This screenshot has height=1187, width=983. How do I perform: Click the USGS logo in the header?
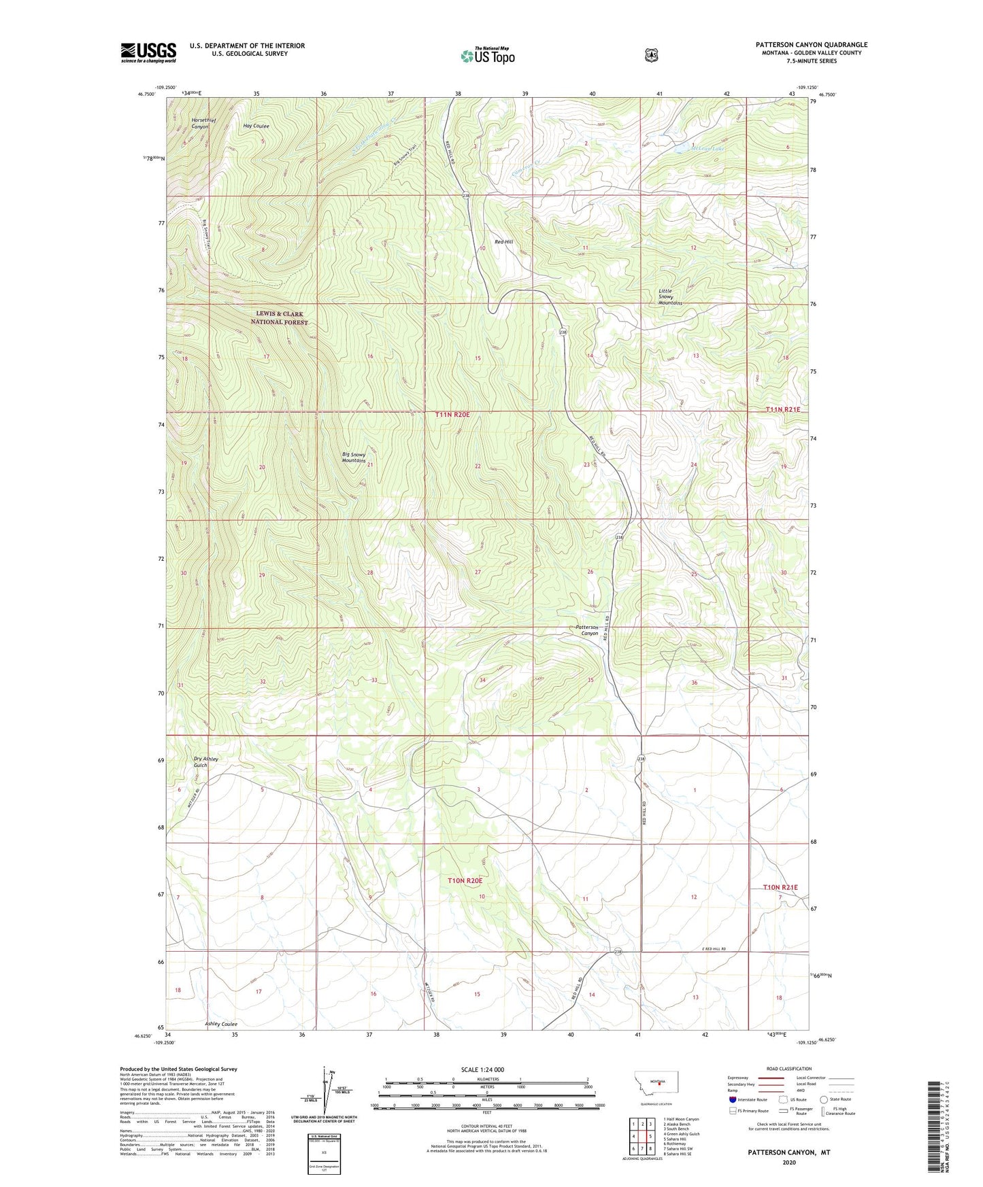point(148,52)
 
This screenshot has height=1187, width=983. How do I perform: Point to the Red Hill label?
point(504,241)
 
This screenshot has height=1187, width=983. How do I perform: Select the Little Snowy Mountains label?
point(670,296)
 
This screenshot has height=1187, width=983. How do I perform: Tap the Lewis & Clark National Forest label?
point(280,318)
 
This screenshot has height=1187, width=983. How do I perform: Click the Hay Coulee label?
point(256,126)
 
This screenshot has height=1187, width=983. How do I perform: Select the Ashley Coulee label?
point(221,1024)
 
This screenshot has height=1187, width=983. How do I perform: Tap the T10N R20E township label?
point(465,880)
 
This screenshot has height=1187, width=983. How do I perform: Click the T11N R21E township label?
point(782,409)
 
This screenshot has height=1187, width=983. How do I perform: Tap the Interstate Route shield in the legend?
point(732,1099)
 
